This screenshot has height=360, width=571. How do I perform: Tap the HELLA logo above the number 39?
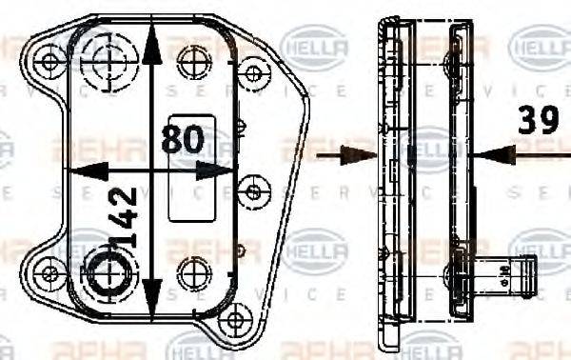click(541, 44)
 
